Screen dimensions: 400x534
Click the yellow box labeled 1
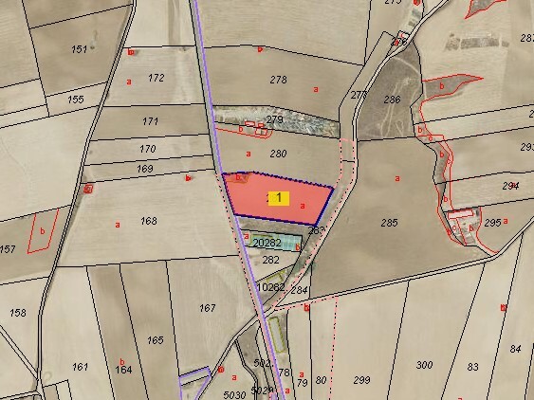pos(278,197)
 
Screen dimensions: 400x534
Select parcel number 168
pos(148,221)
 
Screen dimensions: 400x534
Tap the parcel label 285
pos(389,223)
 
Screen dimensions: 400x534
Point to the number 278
pos(278,81)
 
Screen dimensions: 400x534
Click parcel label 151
pos(80,49)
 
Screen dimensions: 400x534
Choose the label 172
pos(157,78)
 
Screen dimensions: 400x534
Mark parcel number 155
pos(76,99)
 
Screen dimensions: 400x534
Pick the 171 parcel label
pos(150,121)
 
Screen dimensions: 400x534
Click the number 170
pos(147,149)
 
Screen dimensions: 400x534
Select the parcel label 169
pos(144,169)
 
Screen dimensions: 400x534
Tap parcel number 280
pos(278,153)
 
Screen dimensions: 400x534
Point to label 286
pos(391,99)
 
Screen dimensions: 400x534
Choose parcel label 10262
pos(270,285)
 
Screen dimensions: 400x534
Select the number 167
pos(208,308)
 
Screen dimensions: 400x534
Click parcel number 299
pos(361,379)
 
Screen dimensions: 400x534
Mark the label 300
pos(424,364)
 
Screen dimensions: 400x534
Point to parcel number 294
pos(510,186)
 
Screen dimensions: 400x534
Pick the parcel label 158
pos(17,312)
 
